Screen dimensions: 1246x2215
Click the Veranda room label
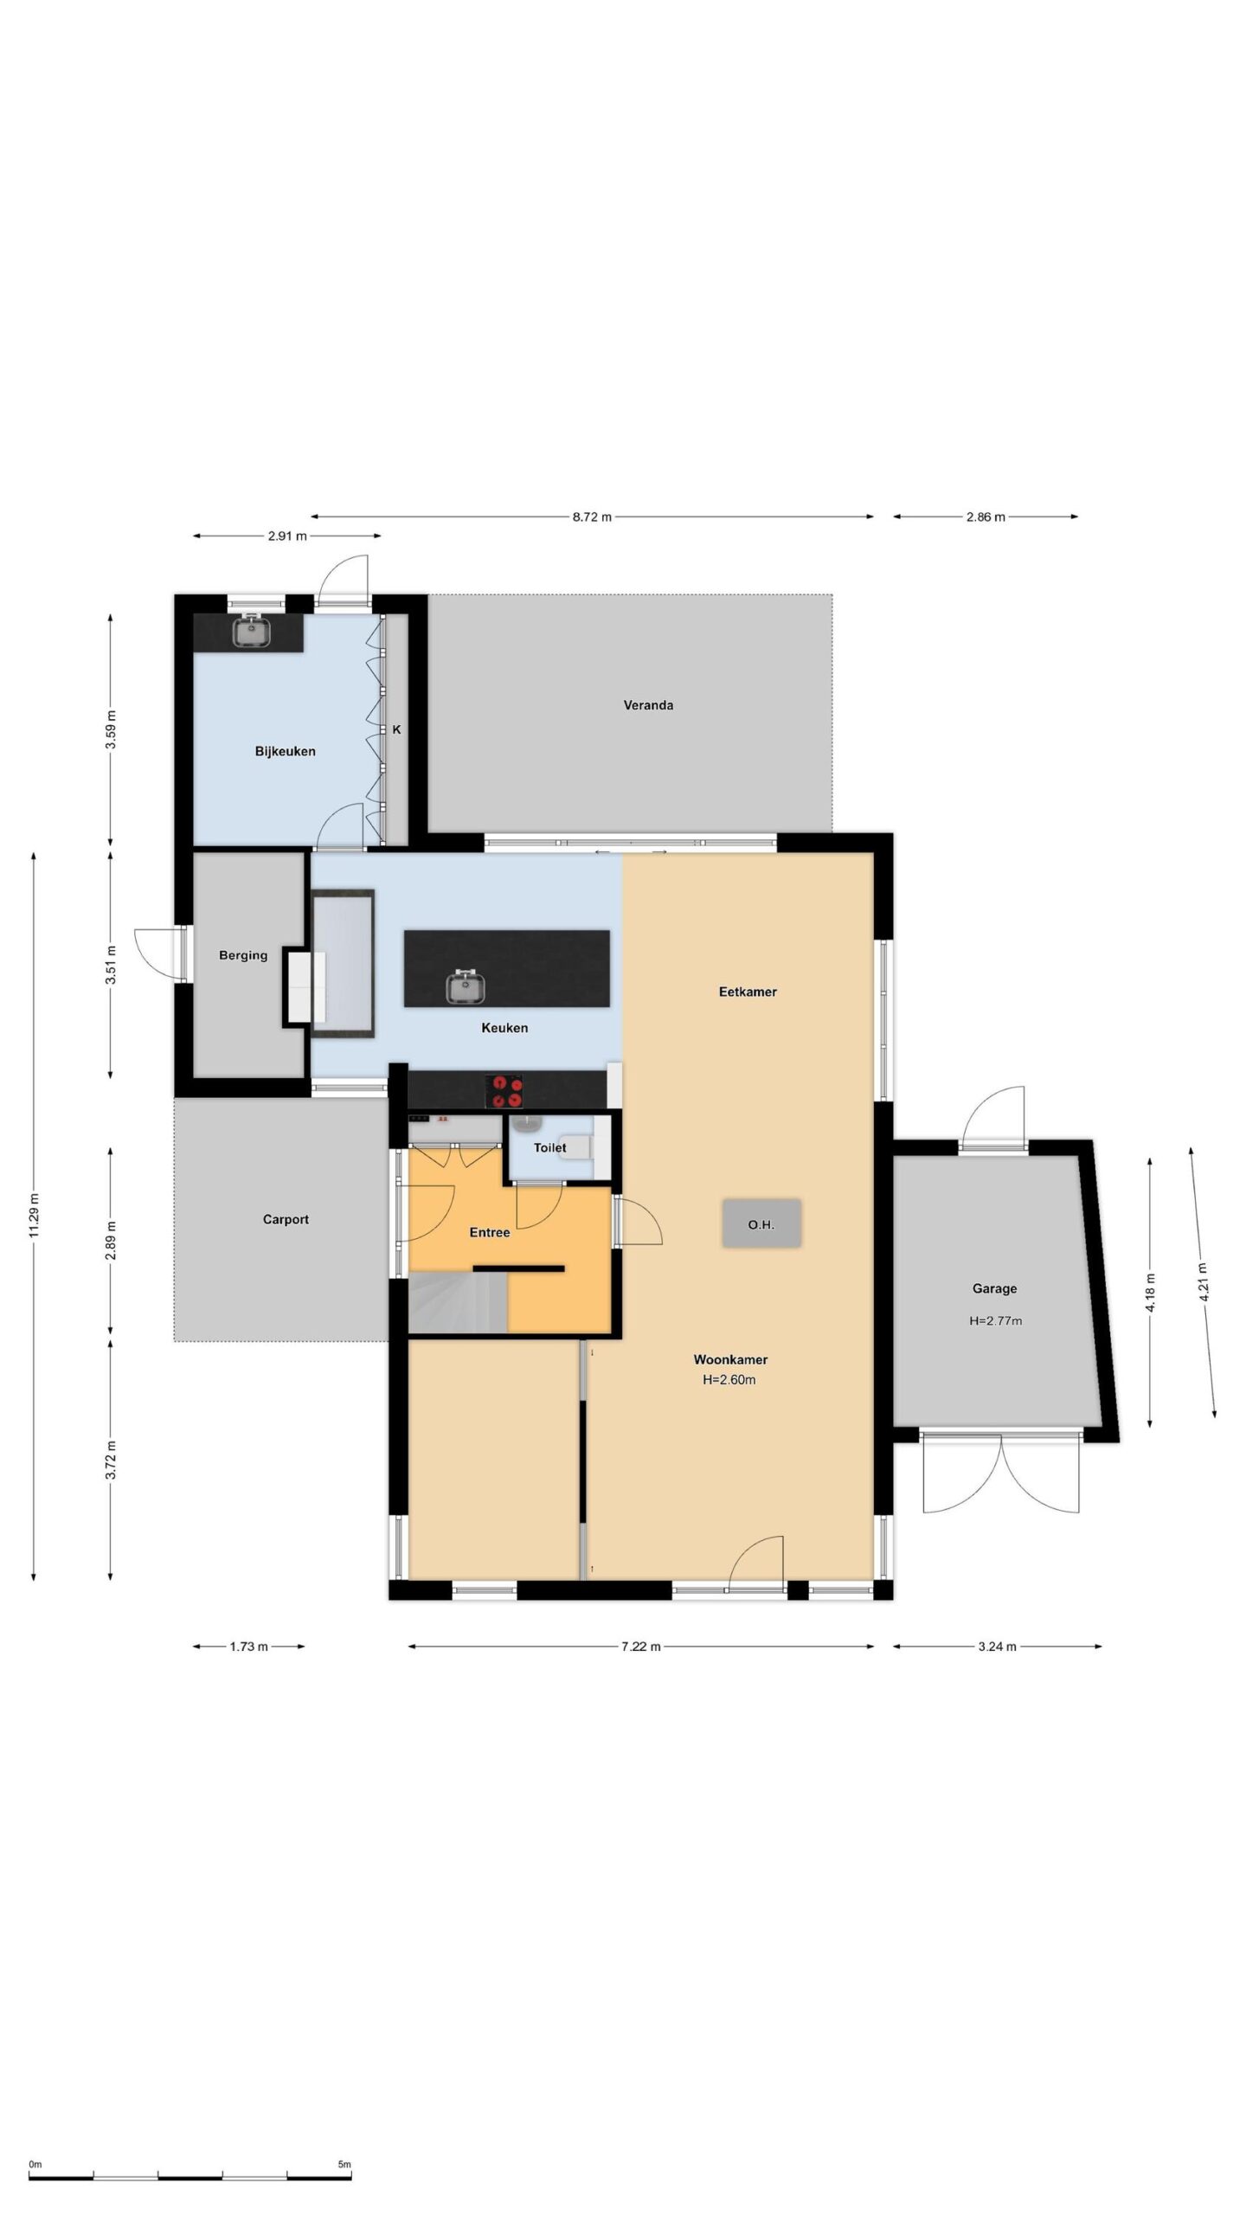click(x=648, y=705)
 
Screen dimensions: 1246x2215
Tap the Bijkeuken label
click(x=285, y=751)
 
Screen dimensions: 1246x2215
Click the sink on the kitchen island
click(x=466, y=987)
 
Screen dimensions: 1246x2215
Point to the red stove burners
click(x=504, y=1091)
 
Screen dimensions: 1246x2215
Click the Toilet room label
click(x=549, y=1147)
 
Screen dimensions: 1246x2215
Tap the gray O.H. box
click(x=761, y=1223)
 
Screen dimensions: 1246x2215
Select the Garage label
click(x=994, y=1288)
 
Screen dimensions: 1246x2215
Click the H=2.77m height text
click(x=995, y=1321)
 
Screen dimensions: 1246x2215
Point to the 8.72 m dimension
click(x=592, y=517)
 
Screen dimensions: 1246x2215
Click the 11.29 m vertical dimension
click(x=34, y=1216)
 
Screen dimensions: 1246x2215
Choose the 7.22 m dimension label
click(x=641, y=1647)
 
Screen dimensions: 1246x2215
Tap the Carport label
click(x=286, y=1219)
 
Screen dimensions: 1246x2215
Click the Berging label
click(x=243, y=955)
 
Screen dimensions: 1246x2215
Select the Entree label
click(x=490, y=1232)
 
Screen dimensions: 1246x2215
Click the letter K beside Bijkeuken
click(x=397, y=729)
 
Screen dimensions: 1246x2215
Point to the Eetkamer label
click(x=748, y=992)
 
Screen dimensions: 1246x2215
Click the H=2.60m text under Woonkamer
click(x=729, y=1380)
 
